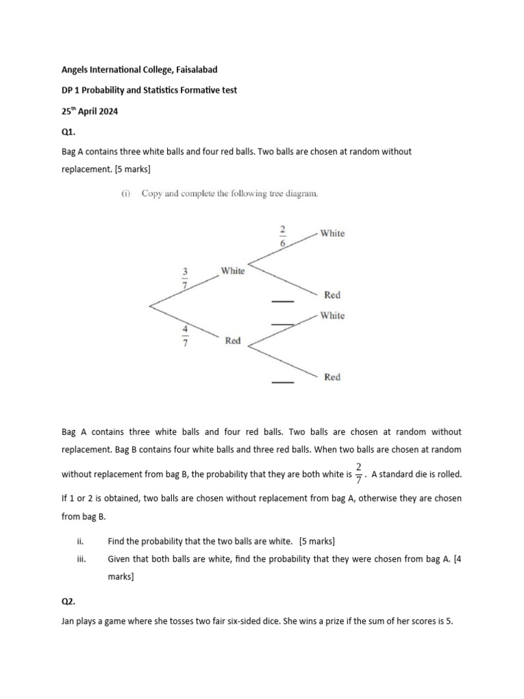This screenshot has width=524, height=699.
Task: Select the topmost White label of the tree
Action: click(x=332, y=233)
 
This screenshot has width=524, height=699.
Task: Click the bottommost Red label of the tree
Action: click(x=332, y=377)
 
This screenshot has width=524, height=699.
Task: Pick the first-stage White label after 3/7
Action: click(x=233, y=271)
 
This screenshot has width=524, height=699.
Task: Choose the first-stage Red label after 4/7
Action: click(x=233, y=341)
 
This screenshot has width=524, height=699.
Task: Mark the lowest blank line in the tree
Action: click(x=282, y=383)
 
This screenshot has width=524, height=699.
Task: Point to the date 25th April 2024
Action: click(x=89, y=111)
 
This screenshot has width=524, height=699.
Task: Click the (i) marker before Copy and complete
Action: click(x=126, y=193)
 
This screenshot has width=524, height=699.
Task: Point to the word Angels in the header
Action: click(x=76, y=70)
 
